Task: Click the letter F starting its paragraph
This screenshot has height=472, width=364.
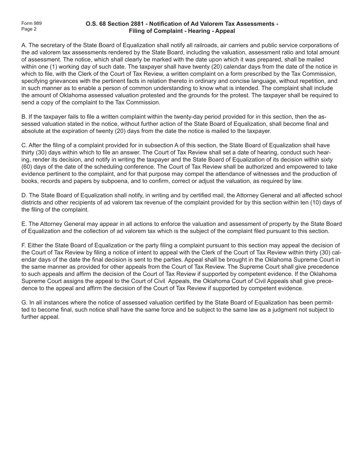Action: [23, 246]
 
